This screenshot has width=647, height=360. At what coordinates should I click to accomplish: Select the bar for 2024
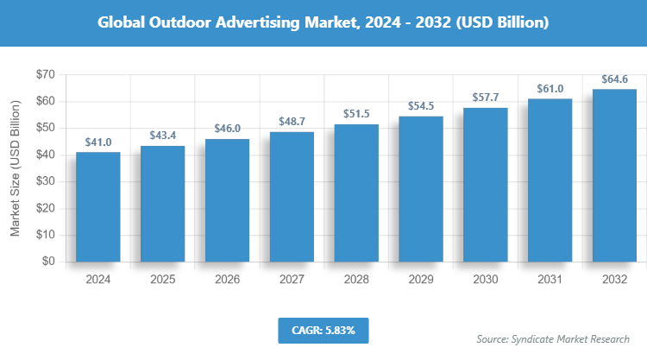pyautogui.click(x=97, y=207)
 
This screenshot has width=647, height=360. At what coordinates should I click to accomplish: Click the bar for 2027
pyautogui.click(x=292, y=197)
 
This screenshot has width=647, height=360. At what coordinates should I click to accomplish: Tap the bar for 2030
pyautogui.click(x=486, y=185)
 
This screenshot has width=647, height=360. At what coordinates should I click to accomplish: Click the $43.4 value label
pyautogui.click(x=162, y=136)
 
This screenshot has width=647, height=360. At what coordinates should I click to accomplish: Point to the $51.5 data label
pyautogui.click(x=356, y=115)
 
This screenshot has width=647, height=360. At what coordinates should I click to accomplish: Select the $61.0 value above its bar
pyautogui.click(x=550, y=89)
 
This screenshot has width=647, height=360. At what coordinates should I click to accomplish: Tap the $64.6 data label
pyautogui.click(x=615, y=79)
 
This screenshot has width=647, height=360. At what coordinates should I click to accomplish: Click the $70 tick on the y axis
pyautogui.click(x=46, y=75)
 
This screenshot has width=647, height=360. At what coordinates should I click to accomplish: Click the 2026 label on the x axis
pyautogui.click(x=227, y=281)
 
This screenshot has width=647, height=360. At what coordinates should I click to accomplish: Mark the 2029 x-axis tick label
pyautogui.click(x=421, y=281)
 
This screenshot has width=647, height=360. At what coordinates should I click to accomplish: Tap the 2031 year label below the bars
pyautogui.click(x=550, y=281)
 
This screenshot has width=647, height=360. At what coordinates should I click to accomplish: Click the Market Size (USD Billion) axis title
pyautogui.click(x=16, y=167)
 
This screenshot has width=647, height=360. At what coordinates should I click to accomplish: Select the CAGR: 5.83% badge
pyautogui.click(x=323, y=330)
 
